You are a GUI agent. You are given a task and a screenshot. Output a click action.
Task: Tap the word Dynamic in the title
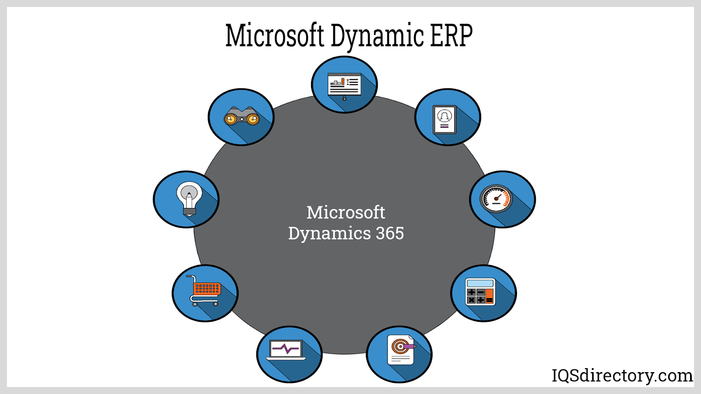tap(377, 37)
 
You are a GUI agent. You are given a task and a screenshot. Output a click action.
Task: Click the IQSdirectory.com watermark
tap(622, 376)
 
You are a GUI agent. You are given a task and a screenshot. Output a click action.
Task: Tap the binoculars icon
tap(241, 116)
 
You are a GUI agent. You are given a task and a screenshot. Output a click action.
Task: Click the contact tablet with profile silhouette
tap(444, 120)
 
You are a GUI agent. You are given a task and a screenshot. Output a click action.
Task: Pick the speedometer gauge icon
tap(496, 199)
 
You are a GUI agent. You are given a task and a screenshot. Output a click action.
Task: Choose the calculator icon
tap(480, 292)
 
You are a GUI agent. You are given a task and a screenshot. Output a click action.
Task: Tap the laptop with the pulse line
tap(286, 350)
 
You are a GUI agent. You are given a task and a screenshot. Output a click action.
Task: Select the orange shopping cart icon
tap(205, 291)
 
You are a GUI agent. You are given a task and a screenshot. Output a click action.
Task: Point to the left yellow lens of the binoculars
tap(230, 119)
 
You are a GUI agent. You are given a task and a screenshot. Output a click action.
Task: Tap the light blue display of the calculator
tap(480, 283)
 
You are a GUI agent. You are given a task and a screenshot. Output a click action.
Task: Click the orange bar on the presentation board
tap(343, 81)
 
